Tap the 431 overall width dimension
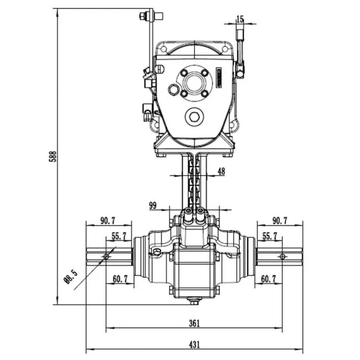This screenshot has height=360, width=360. tap(194, 345)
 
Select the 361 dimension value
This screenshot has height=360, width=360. tap(194, 323)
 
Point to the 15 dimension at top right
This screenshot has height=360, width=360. tap(240, 19)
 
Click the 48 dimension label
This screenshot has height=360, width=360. tap(221, 171)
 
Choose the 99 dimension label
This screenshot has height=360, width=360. tap(153, 205)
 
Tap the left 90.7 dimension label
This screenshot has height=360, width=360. tap(108, 221)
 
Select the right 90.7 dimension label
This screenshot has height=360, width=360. tap(280, 221)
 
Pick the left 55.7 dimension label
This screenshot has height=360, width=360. tap(119, 236)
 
